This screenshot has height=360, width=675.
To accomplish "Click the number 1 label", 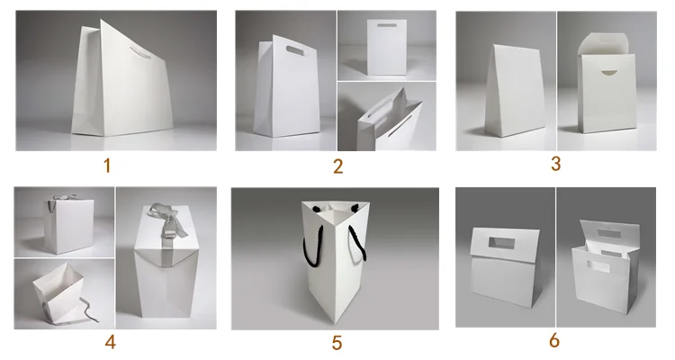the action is (x=107, y=166).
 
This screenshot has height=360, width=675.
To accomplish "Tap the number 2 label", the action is (x=337, y=166).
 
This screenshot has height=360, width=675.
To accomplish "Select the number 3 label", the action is (x=556, y=164).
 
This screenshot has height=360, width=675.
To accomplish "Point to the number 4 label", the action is (x=110, y=342).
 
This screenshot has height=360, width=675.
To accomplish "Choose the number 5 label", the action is (x=337, y=343).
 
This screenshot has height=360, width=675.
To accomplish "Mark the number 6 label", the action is (x=554, y=340).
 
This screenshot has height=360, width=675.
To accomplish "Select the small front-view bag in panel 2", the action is (x=387, y=48).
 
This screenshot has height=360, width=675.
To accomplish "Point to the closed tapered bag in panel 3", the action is (x=515, y=90).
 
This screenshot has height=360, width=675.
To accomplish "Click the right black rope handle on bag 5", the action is (x=357, y=244).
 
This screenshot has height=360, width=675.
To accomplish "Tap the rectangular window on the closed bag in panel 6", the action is (x=501, y=243).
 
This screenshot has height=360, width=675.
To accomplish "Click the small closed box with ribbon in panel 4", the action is (x=69, y=225).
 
